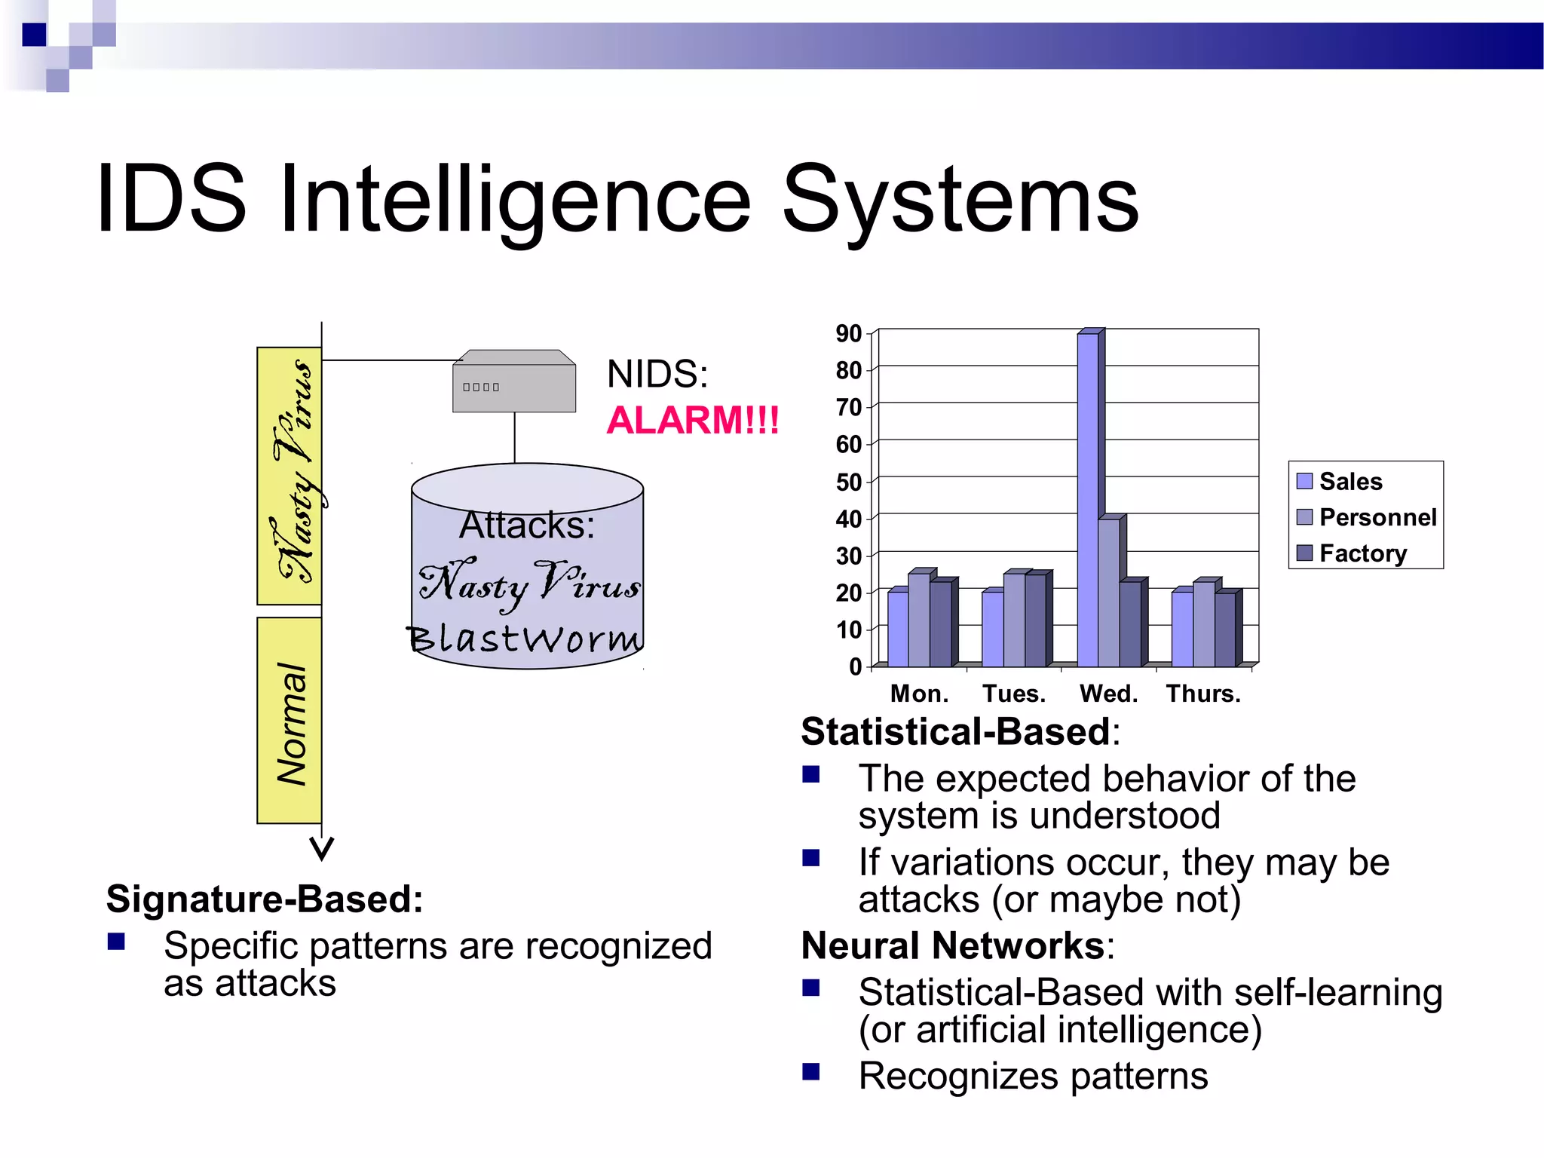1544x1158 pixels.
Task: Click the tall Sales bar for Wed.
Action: [1088, 501]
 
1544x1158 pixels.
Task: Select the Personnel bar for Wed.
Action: [1109, 593]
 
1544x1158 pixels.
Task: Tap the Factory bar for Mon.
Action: [940, 624]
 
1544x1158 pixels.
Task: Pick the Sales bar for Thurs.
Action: [1182, 629]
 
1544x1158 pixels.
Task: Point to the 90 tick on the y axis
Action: [849, 333]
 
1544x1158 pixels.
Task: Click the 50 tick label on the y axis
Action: [849, 482]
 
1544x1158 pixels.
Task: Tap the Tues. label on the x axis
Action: [1014, 694]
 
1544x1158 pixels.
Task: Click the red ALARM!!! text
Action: [693, 421]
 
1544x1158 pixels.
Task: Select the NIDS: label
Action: [657, 374]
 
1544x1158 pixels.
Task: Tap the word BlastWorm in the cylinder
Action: [525, 639]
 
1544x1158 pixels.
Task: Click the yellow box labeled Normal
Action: [289, 721]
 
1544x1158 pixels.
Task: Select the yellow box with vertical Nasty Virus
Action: [289, 475]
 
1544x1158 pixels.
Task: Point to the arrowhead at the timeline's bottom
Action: [322, 849]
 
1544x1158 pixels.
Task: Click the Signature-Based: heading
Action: [265, 899]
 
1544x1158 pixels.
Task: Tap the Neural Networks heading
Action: [953, 945]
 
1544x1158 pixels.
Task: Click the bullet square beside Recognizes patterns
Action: [811, 1071]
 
